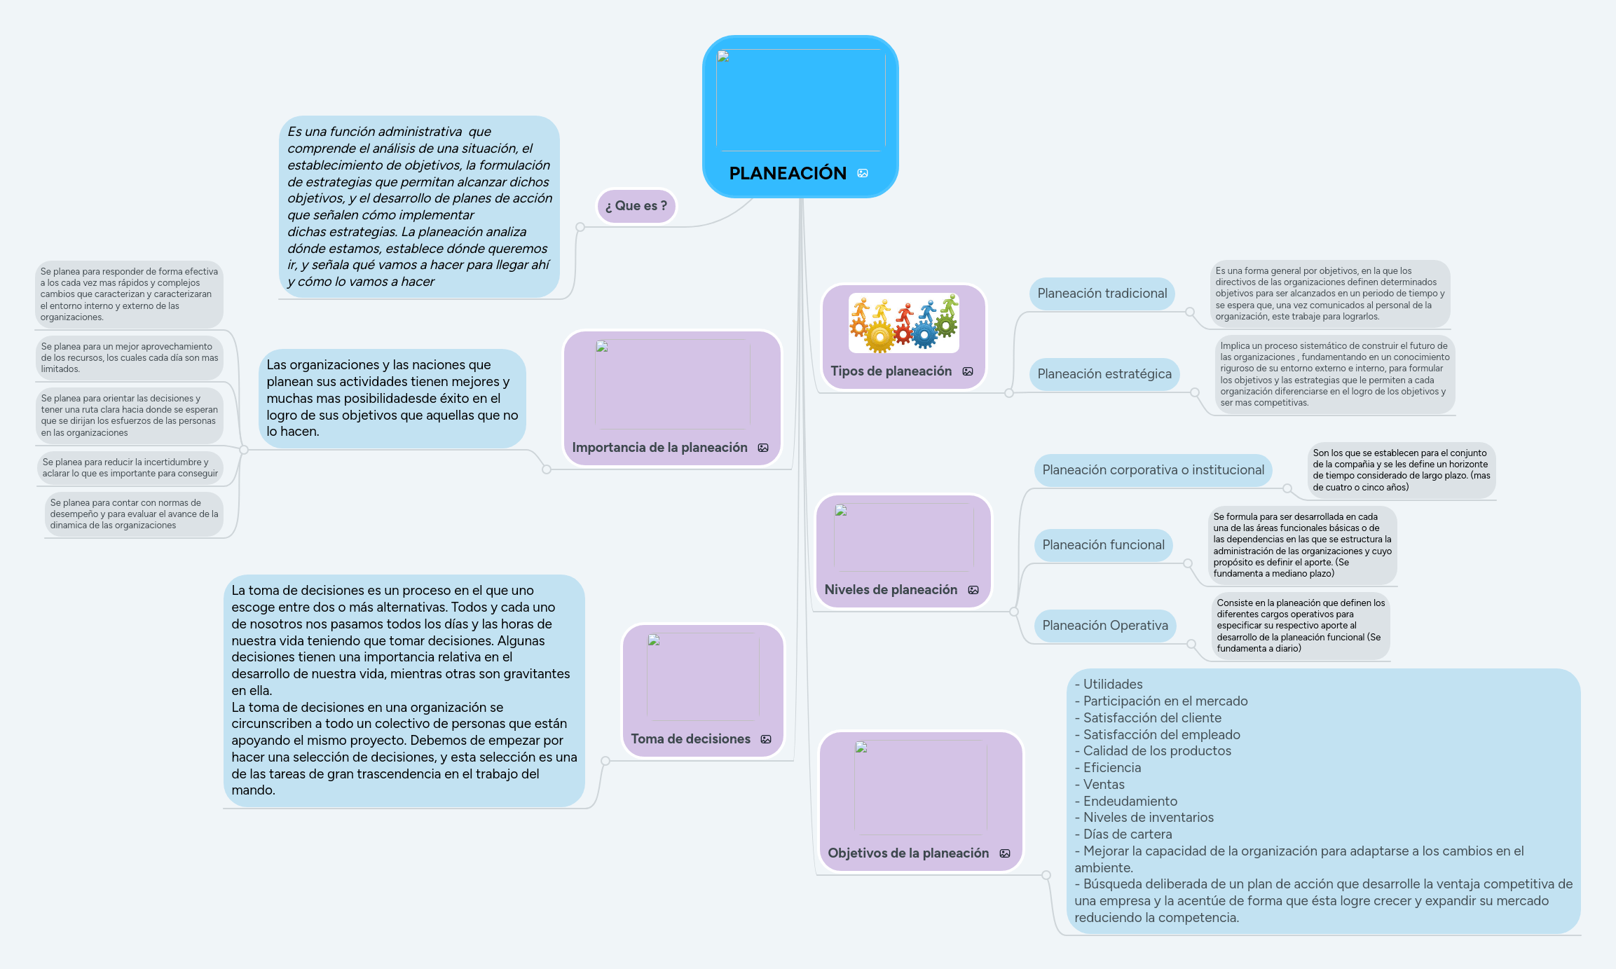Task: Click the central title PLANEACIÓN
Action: (787, 173)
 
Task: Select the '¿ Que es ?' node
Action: (636, 206)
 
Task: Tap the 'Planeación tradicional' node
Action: (1102, 294)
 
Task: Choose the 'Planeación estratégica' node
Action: (1104, 374)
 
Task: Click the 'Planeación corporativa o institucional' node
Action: (1153, 470)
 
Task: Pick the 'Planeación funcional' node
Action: (1103, 545)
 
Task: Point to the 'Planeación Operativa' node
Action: (1104, 626)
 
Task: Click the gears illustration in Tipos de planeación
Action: (903, 323)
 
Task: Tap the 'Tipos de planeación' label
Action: (891, 371)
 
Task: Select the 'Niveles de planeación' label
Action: (890, 590)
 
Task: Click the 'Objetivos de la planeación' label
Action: (908, 853)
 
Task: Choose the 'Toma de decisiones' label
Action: (690, 739)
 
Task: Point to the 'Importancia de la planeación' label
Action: (659, 448)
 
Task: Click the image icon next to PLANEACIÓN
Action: (863, 173)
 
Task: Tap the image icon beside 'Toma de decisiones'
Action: (766, 739)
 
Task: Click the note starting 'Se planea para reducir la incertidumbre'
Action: (130, 468)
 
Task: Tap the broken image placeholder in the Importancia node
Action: (672, 384)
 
